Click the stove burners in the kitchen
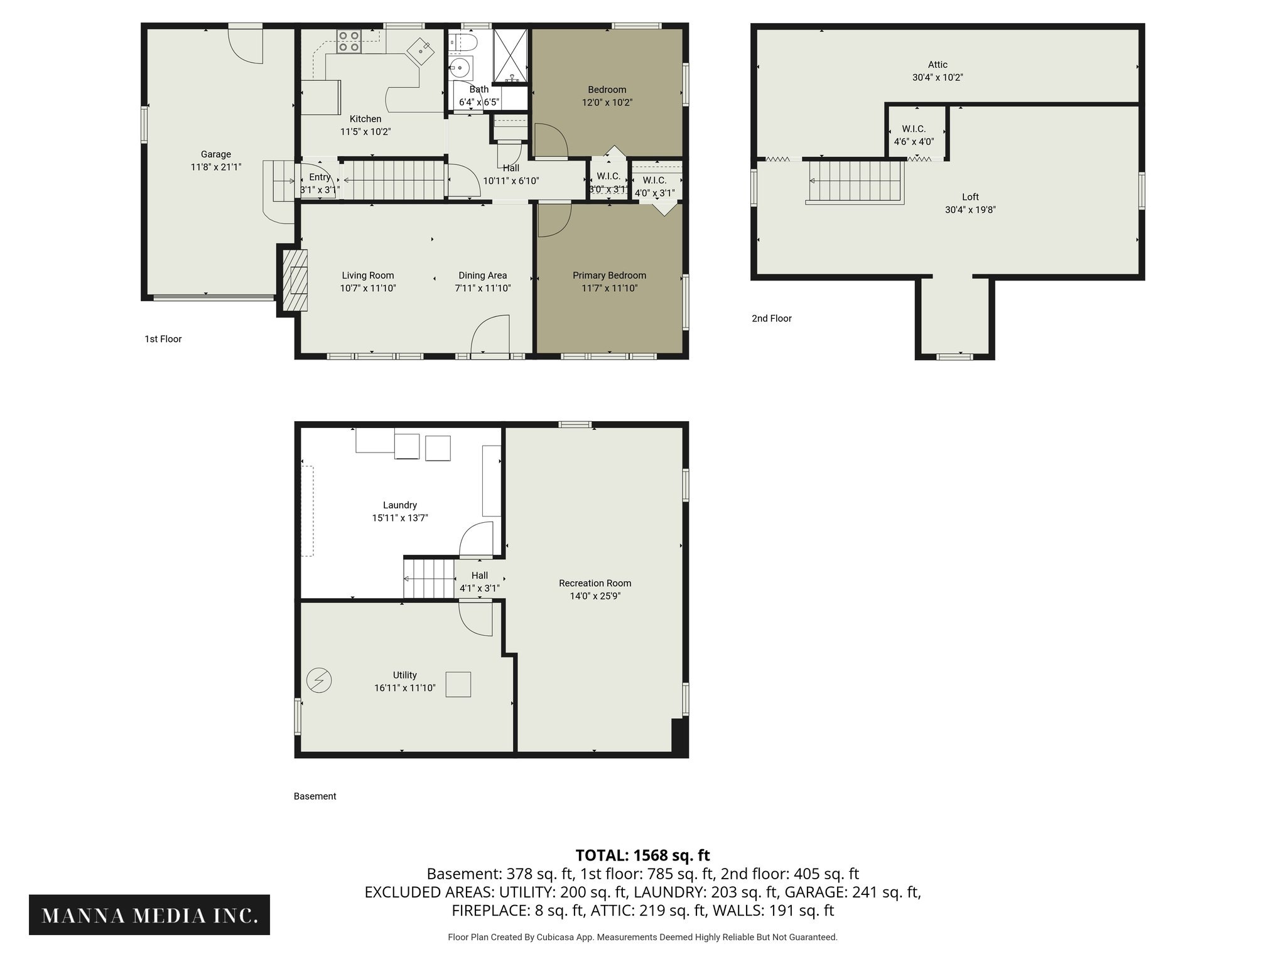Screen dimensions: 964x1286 [349, 41]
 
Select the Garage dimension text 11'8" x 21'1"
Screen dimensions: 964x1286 [216, 167]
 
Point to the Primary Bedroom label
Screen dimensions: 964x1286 [609, 275]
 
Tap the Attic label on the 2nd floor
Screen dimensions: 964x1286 [937, 65]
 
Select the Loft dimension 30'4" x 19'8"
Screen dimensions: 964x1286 [970, 210]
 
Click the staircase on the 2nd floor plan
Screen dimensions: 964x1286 [855, 181]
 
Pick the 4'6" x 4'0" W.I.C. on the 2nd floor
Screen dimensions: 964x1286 [914, 136]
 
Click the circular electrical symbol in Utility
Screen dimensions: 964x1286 [319, 680]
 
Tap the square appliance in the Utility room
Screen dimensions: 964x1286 [458, 684]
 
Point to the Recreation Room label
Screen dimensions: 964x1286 [595, 583]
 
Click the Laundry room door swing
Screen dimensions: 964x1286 [477, 540]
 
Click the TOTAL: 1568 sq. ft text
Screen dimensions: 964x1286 [642, 855]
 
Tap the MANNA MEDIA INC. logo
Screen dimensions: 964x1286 [149, 915]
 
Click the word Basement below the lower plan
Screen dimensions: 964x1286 [315, 796]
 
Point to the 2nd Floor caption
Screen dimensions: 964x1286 [772, 318]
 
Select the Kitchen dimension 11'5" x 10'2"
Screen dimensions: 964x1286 [365, 132]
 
